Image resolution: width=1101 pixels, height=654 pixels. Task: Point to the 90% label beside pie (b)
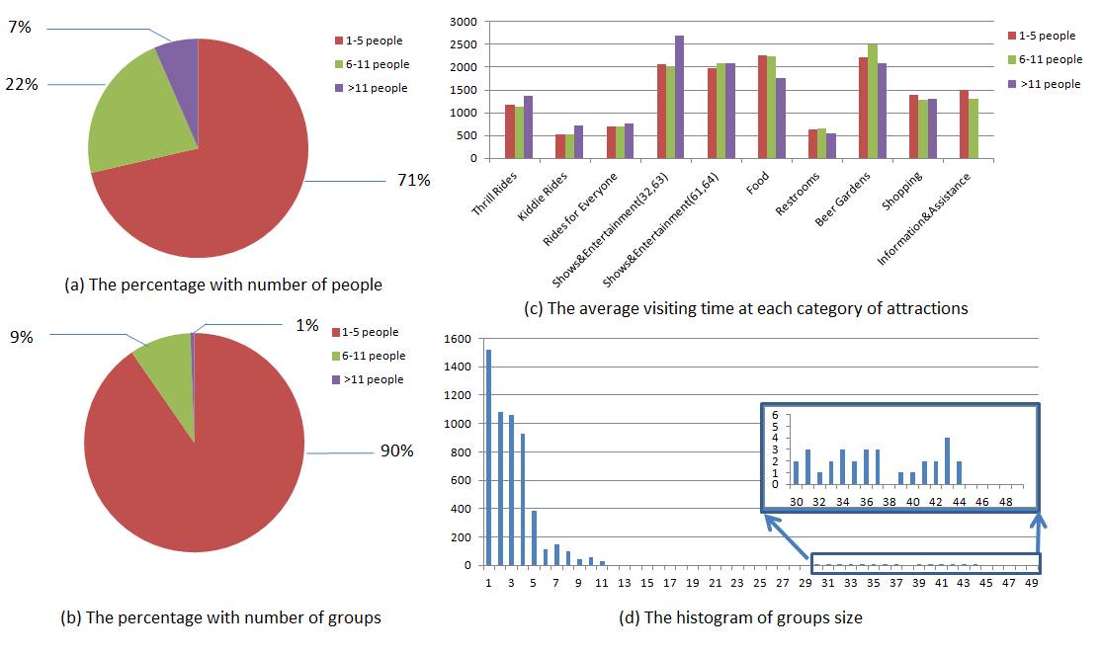[x=396, y=451]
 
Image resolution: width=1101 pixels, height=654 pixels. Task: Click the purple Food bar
[x=780, y=118]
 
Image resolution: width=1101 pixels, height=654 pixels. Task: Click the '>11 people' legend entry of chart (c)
[x=1046, y=84]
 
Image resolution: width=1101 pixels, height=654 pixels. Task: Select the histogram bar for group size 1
[x=488, y=457]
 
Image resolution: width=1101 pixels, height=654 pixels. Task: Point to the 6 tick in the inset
[x=776, y=415]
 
